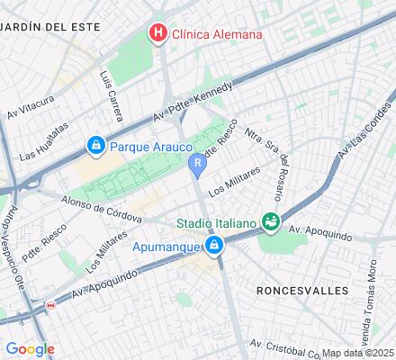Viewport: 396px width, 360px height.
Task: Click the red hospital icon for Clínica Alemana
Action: click(158, 34)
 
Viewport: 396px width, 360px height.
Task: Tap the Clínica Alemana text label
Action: click(218, 34)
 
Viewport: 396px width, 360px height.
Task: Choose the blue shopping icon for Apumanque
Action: click(214, 245)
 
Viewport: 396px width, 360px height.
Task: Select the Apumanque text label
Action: click(166, 245)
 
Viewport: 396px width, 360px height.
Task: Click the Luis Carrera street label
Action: click(112, 86)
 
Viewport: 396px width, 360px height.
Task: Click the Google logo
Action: click(30, 348)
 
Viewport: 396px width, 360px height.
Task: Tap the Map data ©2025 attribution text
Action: click(358, 352)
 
